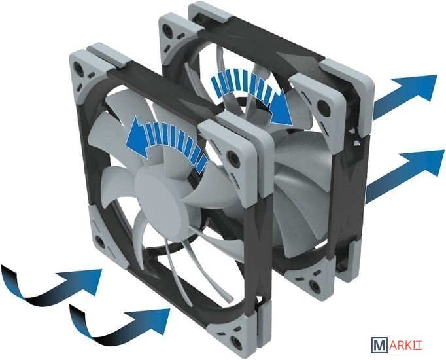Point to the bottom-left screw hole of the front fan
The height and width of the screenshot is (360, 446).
pyautogui.click(x=100, y=242)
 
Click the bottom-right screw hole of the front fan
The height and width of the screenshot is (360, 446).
pyautogui.click(x=235, y=340)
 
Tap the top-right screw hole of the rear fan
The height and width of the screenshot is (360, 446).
pyautogui.click(x=322, y=106)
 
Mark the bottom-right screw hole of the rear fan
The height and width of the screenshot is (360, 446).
pyautogui.click(x=313, y=284)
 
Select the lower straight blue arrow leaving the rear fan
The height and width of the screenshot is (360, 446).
pyautogui.click(x=404, y=176)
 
